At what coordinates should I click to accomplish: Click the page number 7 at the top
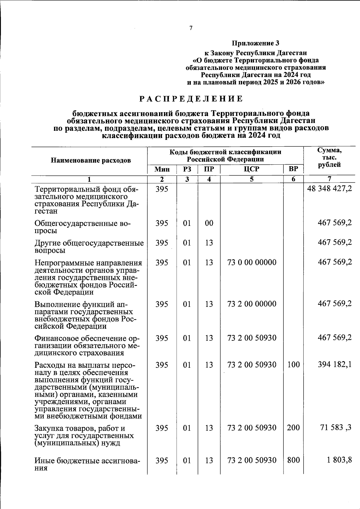click(191, 28)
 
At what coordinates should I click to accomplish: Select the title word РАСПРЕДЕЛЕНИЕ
click(191, 99)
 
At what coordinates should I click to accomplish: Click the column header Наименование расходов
click(91, 160)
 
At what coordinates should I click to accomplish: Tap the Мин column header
click(162, 169)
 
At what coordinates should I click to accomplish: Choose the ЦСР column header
click(251, 169)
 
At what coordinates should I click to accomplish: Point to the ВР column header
click(293, 169)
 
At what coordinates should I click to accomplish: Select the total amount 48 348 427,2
click(329, 189)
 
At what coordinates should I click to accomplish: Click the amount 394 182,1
click(335, 364)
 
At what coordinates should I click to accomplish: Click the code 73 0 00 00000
click(252, 262)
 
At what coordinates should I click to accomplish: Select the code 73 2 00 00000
click(252, 304)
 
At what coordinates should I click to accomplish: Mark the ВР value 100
click(293, 365)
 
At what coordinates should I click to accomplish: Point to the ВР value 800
click(293, 460)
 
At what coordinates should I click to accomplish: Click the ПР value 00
click(209, 223)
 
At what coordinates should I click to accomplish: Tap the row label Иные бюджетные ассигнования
click(87, 464)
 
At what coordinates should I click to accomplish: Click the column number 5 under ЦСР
click(251, 179)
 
